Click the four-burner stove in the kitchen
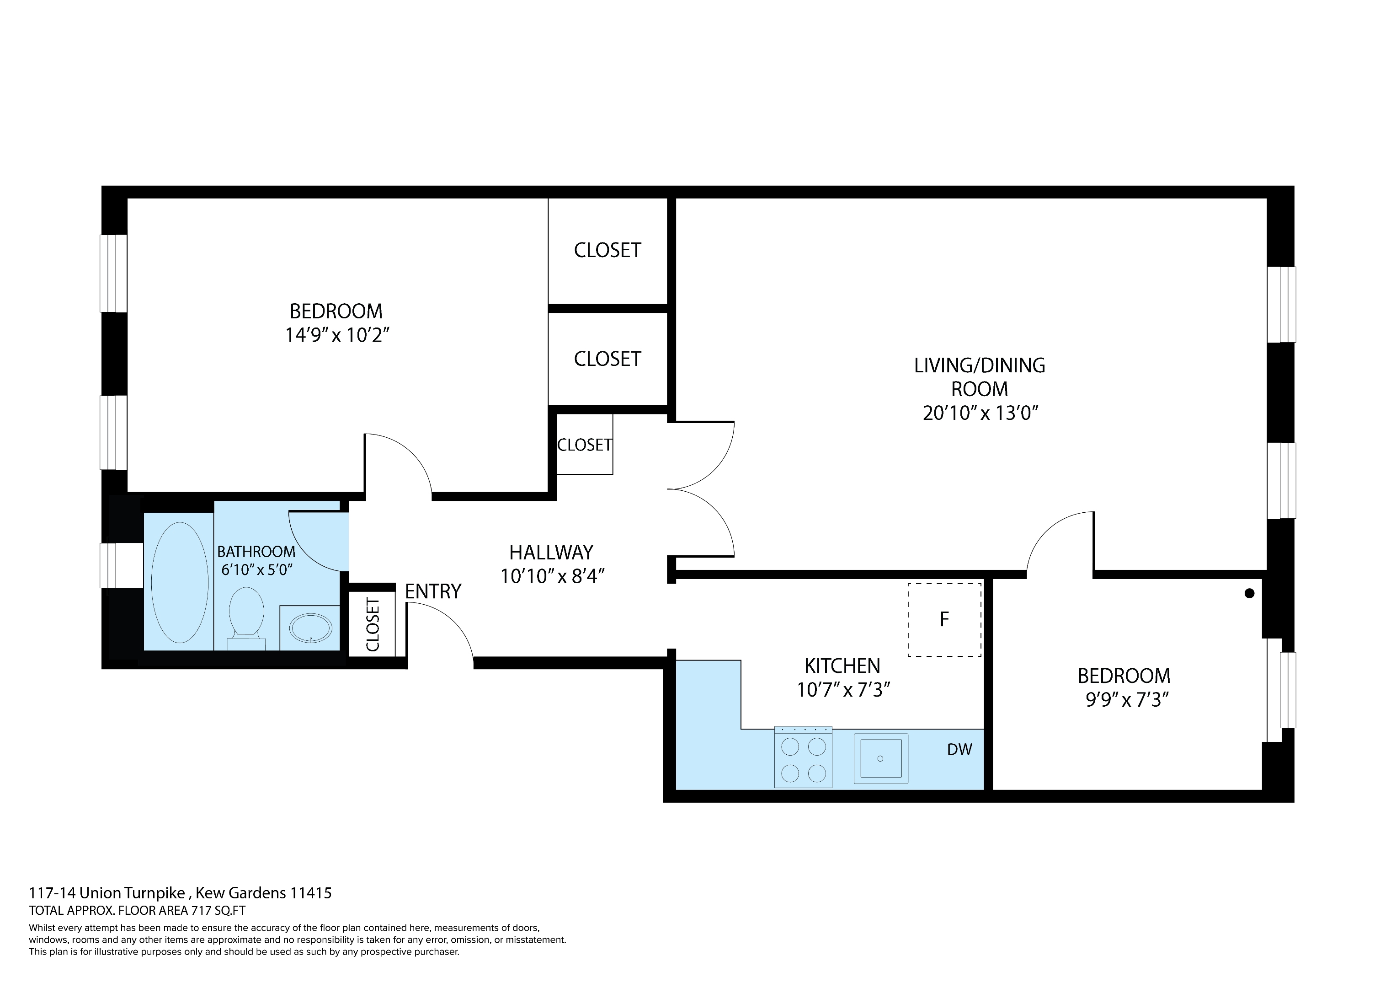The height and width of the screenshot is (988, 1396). (803, 757)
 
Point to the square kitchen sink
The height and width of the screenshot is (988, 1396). (880, 758)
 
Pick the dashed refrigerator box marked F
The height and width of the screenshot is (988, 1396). (944, 619)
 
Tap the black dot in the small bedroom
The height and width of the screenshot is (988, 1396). (1249, 593)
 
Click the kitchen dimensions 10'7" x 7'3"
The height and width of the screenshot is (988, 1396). (843, 690)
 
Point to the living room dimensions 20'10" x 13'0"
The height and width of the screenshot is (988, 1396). (980, 413)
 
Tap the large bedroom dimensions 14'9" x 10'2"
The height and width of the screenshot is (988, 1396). (337, 335)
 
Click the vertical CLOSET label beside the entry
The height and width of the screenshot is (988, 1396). (373, 624)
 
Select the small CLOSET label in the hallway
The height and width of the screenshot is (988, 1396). (584, 445)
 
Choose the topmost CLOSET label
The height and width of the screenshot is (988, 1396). (607, 250)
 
